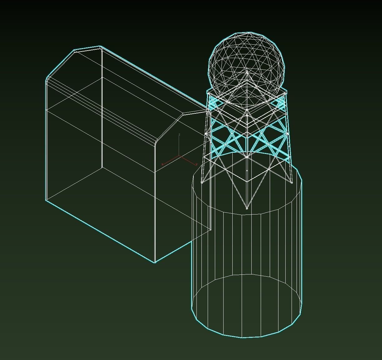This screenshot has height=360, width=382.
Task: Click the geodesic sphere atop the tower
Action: coord(247,62)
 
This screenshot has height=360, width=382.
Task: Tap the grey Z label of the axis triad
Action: coord(179,135)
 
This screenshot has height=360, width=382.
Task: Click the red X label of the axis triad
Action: coord(196,165)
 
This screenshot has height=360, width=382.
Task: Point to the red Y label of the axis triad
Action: coord(162,164)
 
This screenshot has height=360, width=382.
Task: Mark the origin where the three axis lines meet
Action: coord(179,155)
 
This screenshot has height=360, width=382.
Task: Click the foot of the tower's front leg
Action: coord(247,208)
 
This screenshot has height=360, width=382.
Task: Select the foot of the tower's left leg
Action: coord(202,182)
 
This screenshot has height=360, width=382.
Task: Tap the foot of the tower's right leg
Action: coord(291,182)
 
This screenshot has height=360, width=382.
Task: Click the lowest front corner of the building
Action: coord(155,262)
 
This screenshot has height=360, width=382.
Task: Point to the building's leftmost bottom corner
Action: coord(46,200)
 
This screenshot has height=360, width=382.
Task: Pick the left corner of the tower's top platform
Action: coord(208,92)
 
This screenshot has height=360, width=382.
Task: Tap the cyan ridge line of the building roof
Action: coord(153,76)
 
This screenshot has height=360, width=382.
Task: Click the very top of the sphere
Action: coord(249,32)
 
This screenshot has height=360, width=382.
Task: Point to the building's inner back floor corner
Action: coord(102,168)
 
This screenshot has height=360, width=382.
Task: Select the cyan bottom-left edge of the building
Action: coord(100,231)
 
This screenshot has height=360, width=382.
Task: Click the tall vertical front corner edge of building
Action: coord(155,203)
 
